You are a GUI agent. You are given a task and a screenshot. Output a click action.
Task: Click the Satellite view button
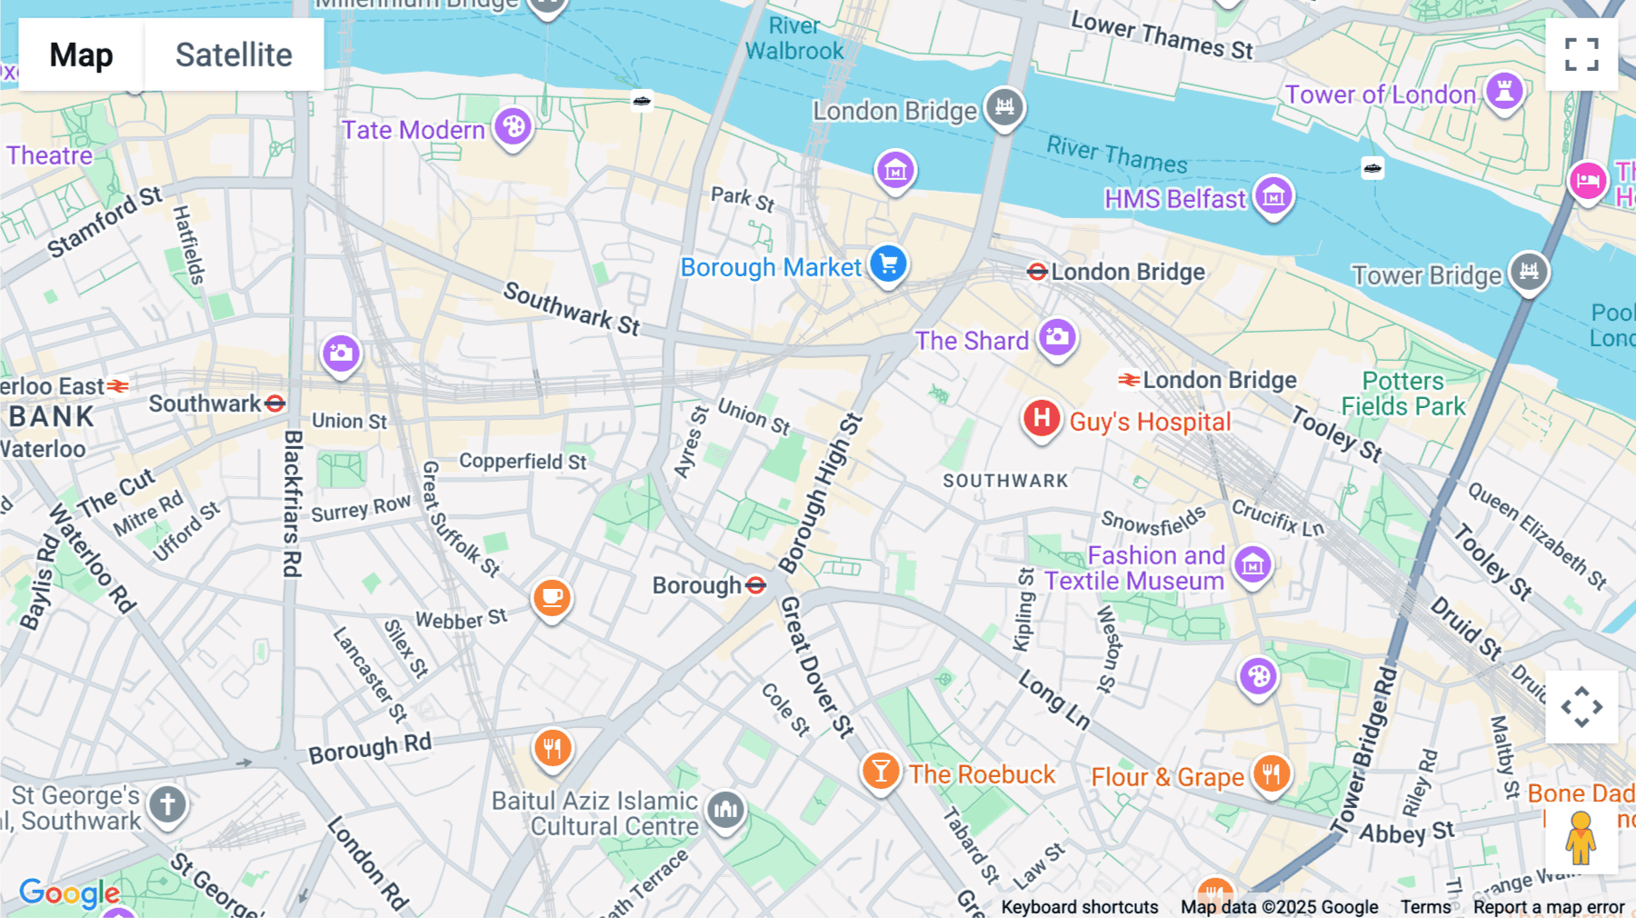point(234,55)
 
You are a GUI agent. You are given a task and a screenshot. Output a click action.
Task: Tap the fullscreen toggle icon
point(1581,55)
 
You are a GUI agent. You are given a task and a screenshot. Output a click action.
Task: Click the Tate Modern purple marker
point(514,126)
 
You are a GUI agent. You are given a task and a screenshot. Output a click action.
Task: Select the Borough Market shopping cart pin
point(888,264)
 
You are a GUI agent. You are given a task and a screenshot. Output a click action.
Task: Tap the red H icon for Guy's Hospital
point(1042,419)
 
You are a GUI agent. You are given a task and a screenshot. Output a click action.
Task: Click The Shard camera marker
point(1057,338)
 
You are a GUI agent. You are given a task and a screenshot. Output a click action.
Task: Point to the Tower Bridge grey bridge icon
point(1529,272)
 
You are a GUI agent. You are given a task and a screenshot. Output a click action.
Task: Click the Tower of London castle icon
point(1504,92)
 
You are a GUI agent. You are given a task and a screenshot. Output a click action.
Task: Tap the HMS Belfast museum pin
point(1273,196)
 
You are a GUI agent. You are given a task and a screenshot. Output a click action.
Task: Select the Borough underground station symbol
point(756,585)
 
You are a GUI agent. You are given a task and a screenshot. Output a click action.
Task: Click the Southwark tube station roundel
point(275,404)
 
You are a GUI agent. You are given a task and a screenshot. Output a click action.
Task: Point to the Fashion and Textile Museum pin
point(1252,565)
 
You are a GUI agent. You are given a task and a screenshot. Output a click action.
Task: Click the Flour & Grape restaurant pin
point(1271,774)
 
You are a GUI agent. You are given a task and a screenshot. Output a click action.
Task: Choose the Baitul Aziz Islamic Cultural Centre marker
point(725,808)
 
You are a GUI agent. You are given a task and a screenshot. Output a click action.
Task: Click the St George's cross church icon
point(167,804)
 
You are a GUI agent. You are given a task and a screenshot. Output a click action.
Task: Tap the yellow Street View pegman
point(1581,838)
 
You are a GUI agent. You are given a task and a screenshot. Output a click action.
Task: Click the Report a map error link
point(1549,907)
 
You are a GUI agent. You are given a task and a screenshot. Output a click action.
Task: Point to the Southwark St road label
point(572,309)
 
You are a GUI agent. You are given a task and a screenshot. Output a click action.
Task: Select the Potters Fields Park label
point(1403,394)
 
